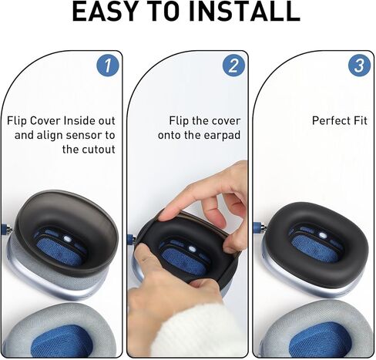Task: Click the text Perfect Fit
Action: tap(340, 121)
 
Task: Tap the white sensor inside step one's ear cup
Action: tap(66, 240)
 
